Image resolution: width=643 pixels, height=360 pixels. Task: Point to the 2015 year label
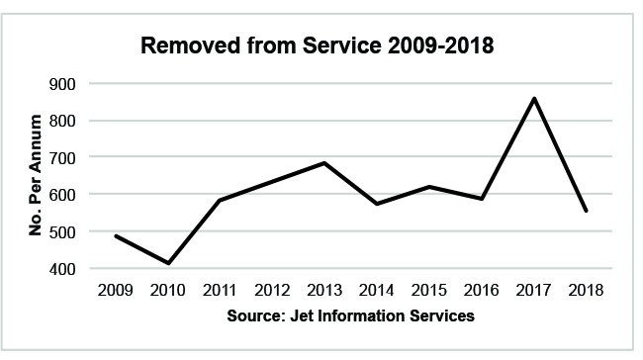428,291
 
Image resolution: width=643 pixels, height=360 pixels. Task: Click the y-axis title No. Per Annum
35,175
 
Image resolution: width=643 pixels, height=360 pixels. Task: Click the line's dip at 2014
375,204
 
